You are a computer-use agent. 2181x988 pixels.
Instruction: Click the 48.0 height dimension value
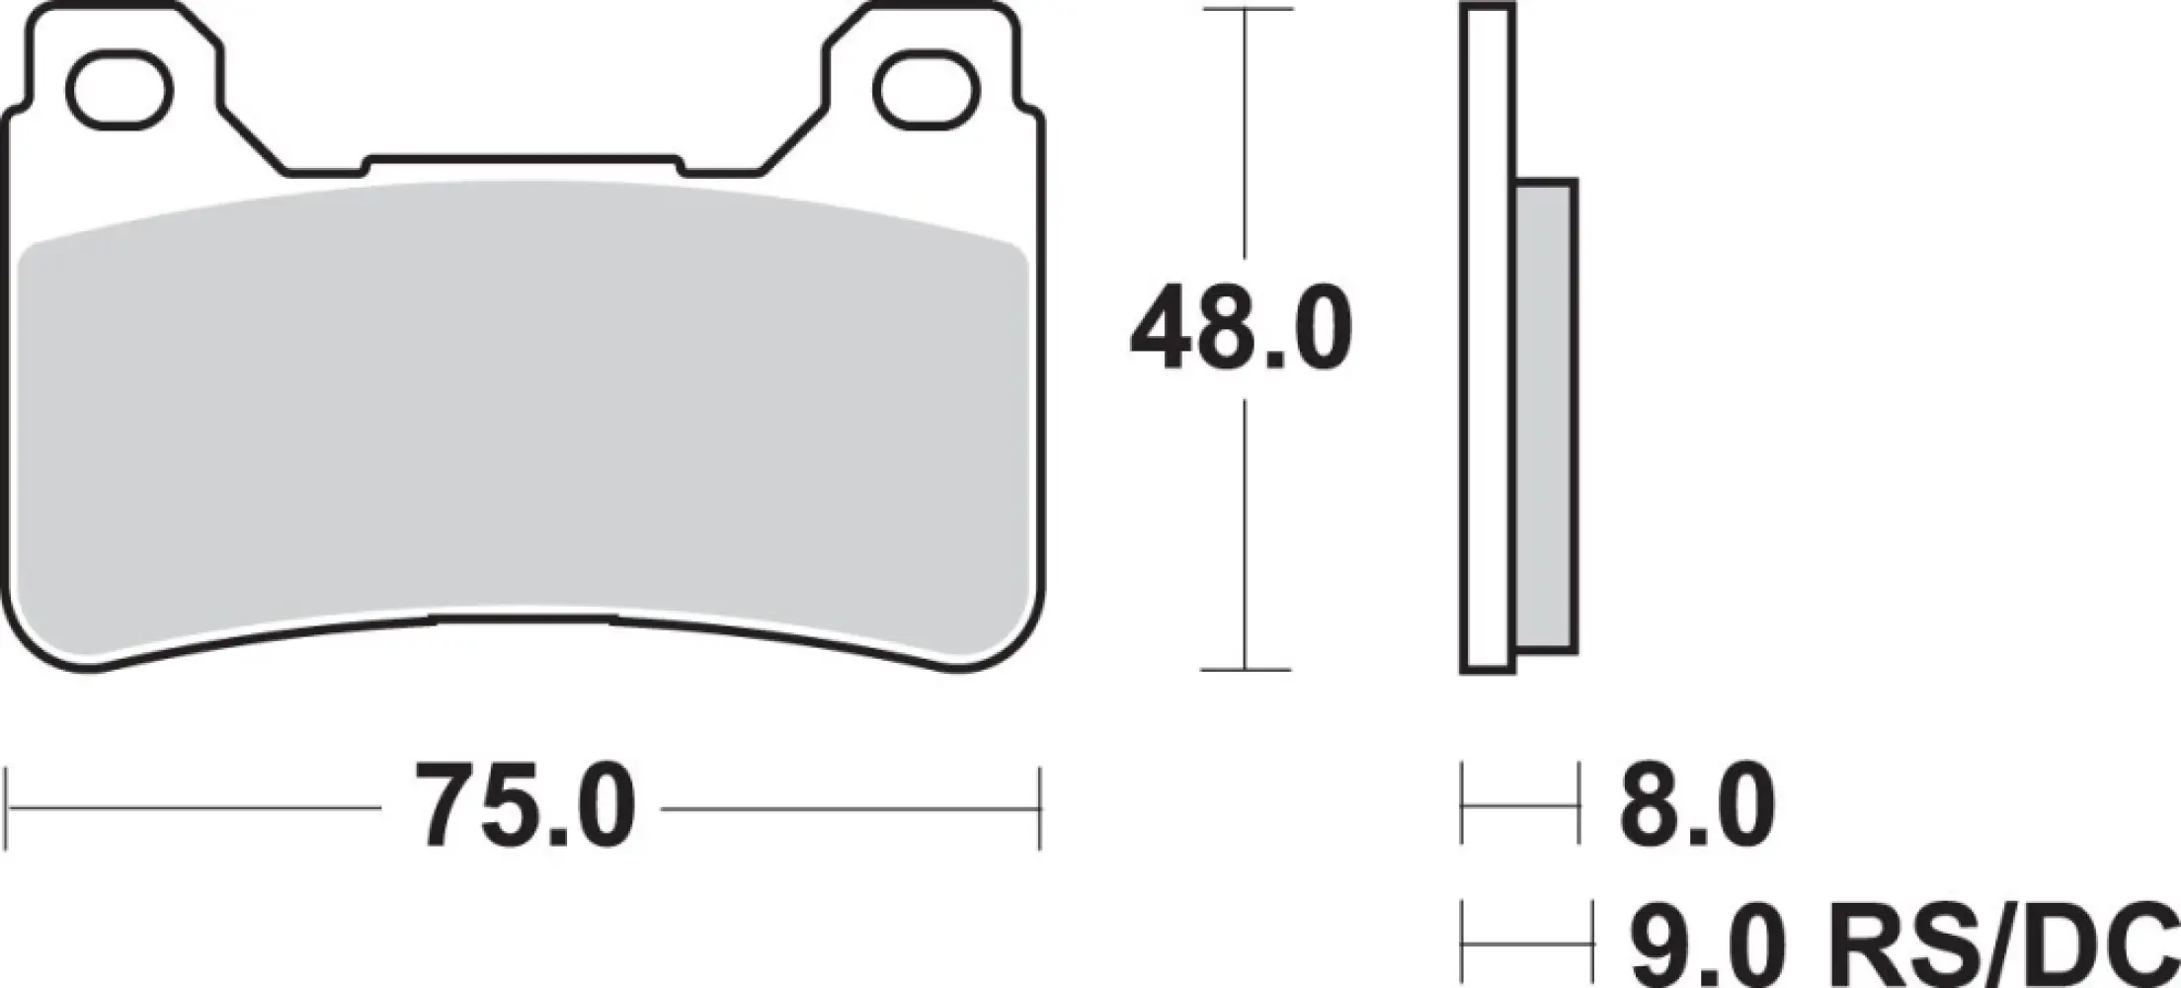point(1241,327)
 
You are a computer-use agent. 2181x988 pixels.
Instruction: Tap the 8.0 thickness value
point(1696,807)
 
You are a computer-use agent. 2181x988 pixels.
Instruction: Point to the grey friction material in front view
point(524,415)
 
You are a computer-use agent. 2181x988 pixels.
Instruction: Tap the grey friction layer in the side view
point(1545,415)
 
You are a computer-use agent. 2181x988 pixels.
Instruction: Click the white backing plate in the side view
point(1488,336)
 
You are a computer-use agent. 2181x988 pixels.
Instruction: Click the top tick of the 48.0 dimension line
point(1247,10)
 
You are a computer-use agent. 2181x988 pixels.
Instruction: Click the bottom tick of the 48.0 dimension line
point(1247,670)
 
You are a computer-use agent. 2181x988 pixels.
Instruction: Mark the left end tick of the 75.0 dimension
point(8,807)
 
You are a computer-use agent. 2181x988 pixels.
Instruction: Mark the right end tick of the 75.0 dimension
point(1039,807)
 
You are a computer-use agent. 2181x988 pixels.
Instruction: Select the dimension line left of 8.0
point(1519,807)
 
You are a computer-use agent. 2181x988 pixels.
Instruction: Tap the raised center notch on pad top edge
point(524,160)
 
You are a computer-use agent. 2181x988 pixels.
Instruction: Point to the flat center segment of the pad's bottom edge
point(524,619)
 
